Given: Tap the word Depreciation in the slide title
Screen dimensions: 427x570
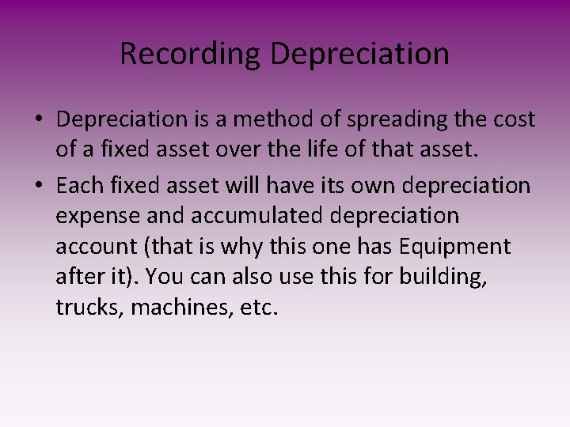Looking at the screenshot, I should point(359,55).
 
